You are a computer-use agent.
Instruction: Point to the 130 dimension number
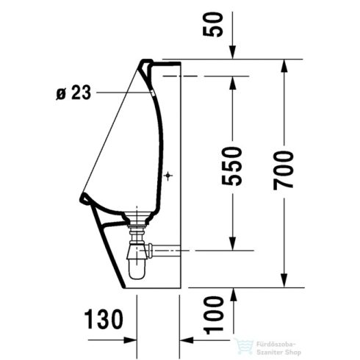click(101, 320)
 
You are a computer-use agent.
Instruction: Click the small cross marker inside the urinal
click(168, 176)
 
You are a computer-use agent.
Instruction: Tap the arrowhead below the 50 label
click(232, 54)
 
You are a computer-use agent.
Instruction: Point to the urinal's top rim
click(151, 62)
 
